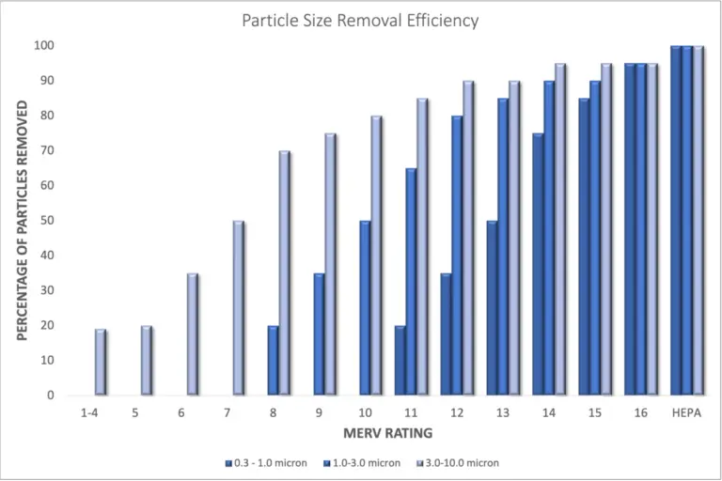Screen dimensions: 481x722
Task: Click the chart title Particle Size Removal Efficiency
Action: (x=360, y=19)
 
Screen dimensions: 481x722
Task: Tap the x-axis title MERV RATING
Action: (x=374, y=433)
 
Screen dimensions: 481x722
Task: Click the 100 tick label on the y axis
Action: (x=43, y=45)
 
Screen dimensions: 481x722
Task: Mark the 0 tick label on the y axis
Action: (x=49, y=396)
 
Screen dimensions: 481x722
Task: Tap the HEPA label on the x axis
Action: (x=687, y=412)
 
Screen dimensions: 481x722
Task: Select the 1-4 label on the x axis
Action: (x=89, y=412)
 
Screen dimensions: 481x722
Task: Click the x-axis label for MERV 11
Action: (x=411, y=412)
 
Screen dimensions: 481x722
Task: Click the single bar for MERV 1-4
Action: (x=101, y=363)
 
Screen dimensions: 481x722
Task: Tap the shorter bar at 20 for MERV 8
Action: (x=274, y=361)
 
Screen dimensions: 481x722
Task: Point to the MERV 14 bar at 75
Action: (x=538, y=265)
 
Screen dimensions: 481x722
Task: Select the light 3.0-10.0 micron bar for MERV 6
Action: (x=193, y=334)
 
